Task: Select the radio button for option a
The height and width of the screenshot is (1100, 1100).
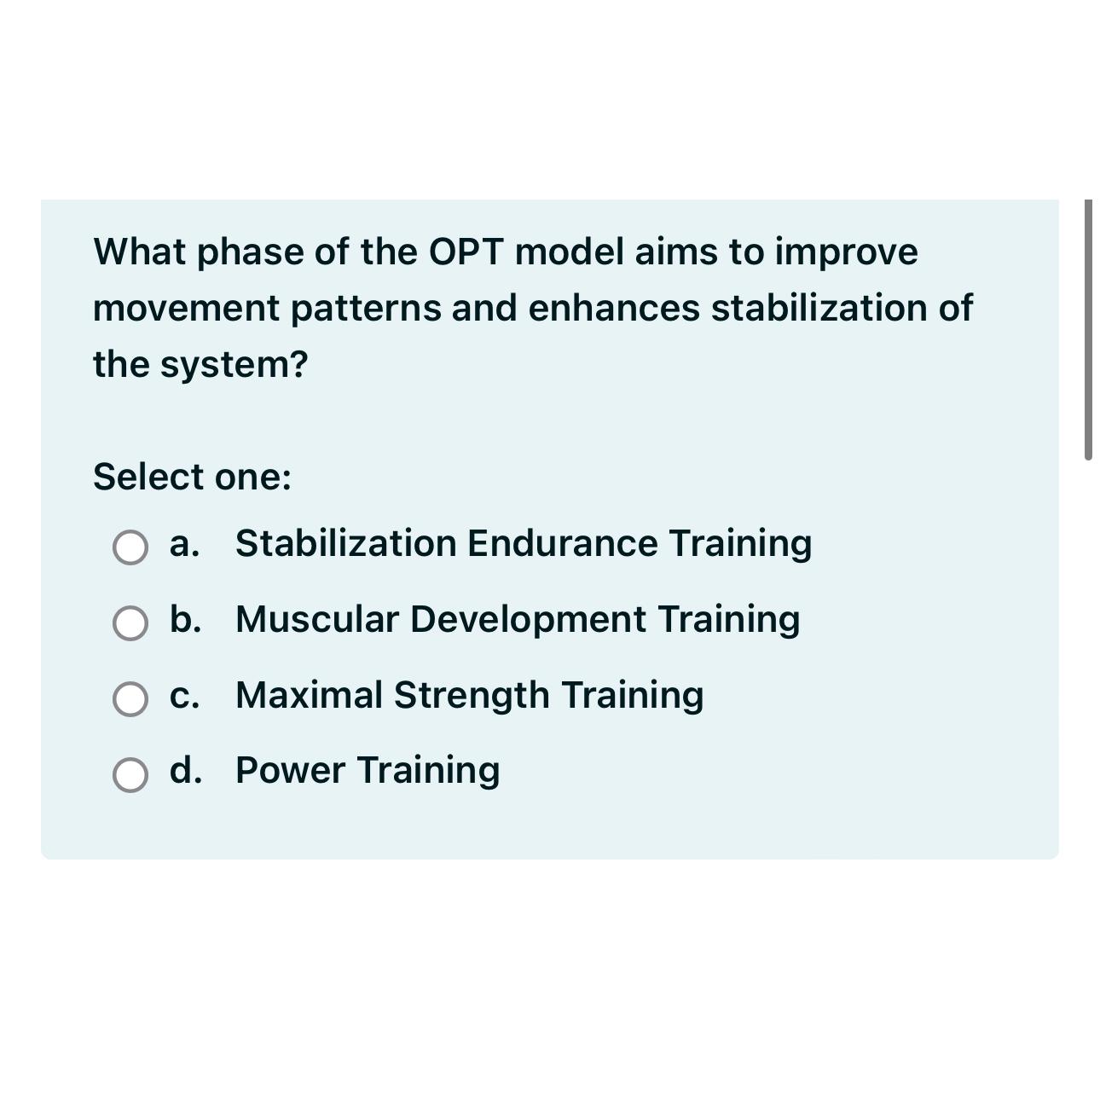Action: pos(130,547)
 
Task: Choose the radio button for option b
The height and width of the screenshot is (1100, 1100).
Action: pos(130,623)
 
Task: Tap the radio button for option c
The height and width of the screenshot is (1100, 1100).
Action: pos(130,699)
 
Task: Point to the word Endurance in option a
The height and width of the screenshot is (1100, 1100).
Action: pos(562,544)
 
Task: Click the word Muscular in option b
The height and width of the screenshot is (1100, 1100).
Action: pos(317,620)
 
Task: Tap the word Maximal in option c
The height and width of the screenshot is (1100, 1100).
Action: pos(309,696)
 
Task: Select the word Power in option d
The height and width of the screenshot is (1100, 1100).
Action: pos(290,771)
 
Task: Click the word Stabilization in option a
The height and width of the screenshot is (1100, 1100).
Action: pos(345,544)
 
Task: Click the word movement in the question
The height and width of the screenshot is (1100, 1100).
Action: pos(186,309)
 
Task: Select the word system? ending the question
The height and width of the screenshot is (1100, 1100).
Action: pos(234,365)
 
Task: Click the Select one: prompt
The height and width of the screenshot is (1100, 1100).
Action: pos(192,477)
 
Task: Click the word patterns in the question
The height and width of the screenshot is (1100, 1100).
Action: pos(366,309)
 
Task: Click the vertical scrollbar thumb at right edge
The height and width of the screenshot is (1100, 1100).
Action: pos(1088,330)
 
